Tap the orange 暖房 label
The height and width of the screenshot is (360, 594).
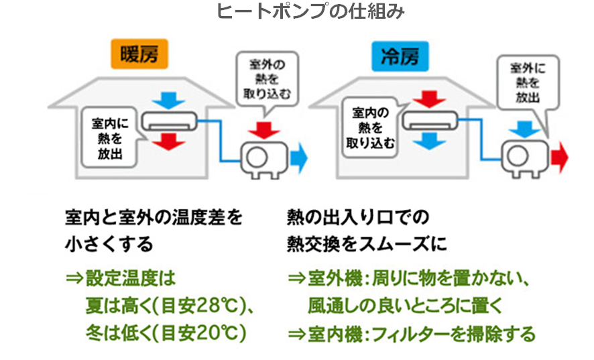pyautogui.click(x=139, y=55)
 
